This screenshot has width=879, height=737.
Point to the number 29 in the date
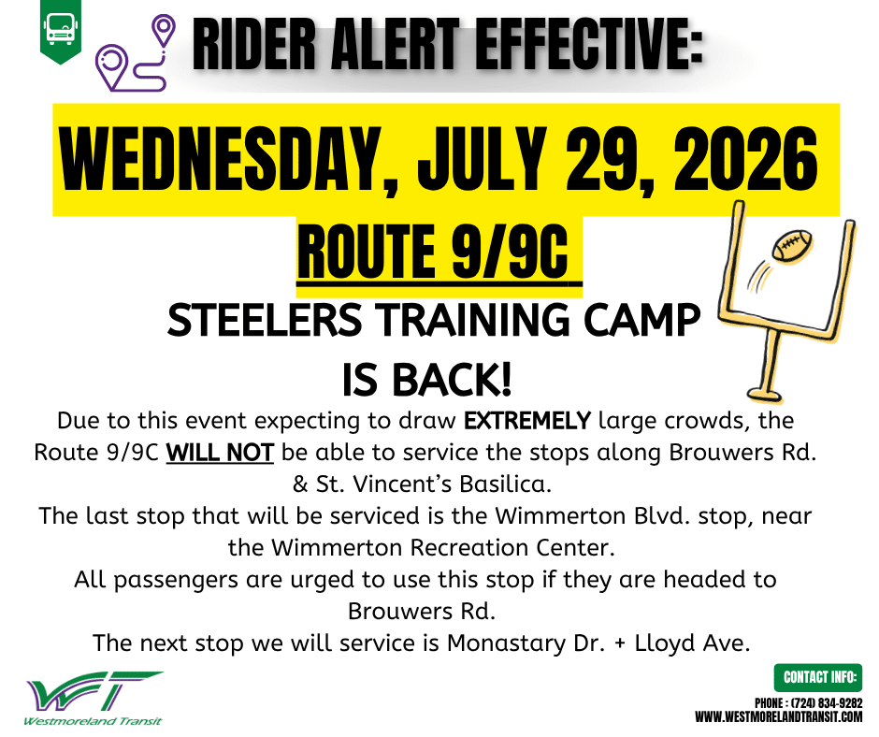coord(608,160)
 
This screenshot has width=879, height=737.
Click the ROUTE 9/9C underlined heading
coord(433,253)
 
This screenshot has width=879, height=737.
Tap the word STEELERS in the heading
coord(265,320)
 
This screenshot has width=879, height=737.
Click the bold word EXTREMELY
coord(527,420)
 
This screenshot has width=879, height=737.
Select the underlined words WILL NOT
coord(220,452)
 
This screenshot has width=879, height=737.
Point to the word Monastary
coord(506,643)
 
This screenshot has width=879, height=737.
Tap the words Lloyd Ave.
coord(692,643)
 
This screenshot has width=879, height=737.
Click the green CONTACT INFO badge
coord(818,677)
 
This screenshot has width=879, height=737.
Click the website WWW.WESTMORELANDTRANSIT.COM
coord(779,716)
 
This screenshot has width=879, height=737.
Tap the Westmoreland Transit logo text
coord(93,721)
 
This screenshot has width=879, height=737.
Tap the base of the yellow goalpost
coord(766,393)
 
